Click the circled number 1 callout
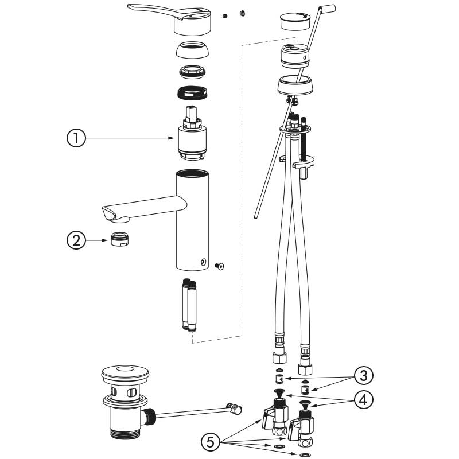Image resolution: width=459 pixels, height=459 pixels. [x=76, y=138]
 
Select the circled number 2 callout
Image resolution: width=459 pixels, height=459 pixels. [x=76, y=240]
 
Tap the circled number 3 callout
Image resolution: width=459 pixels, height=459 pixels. [x=363, y=376]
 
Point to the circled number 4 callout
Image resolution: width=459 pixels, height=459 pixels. [x=363, y=400]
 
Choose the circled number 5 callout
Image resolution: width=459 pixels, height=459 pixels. [x=211, y=442]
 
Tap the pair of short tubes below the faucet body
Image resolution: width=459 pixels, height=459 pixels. [x=189, y=304]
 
